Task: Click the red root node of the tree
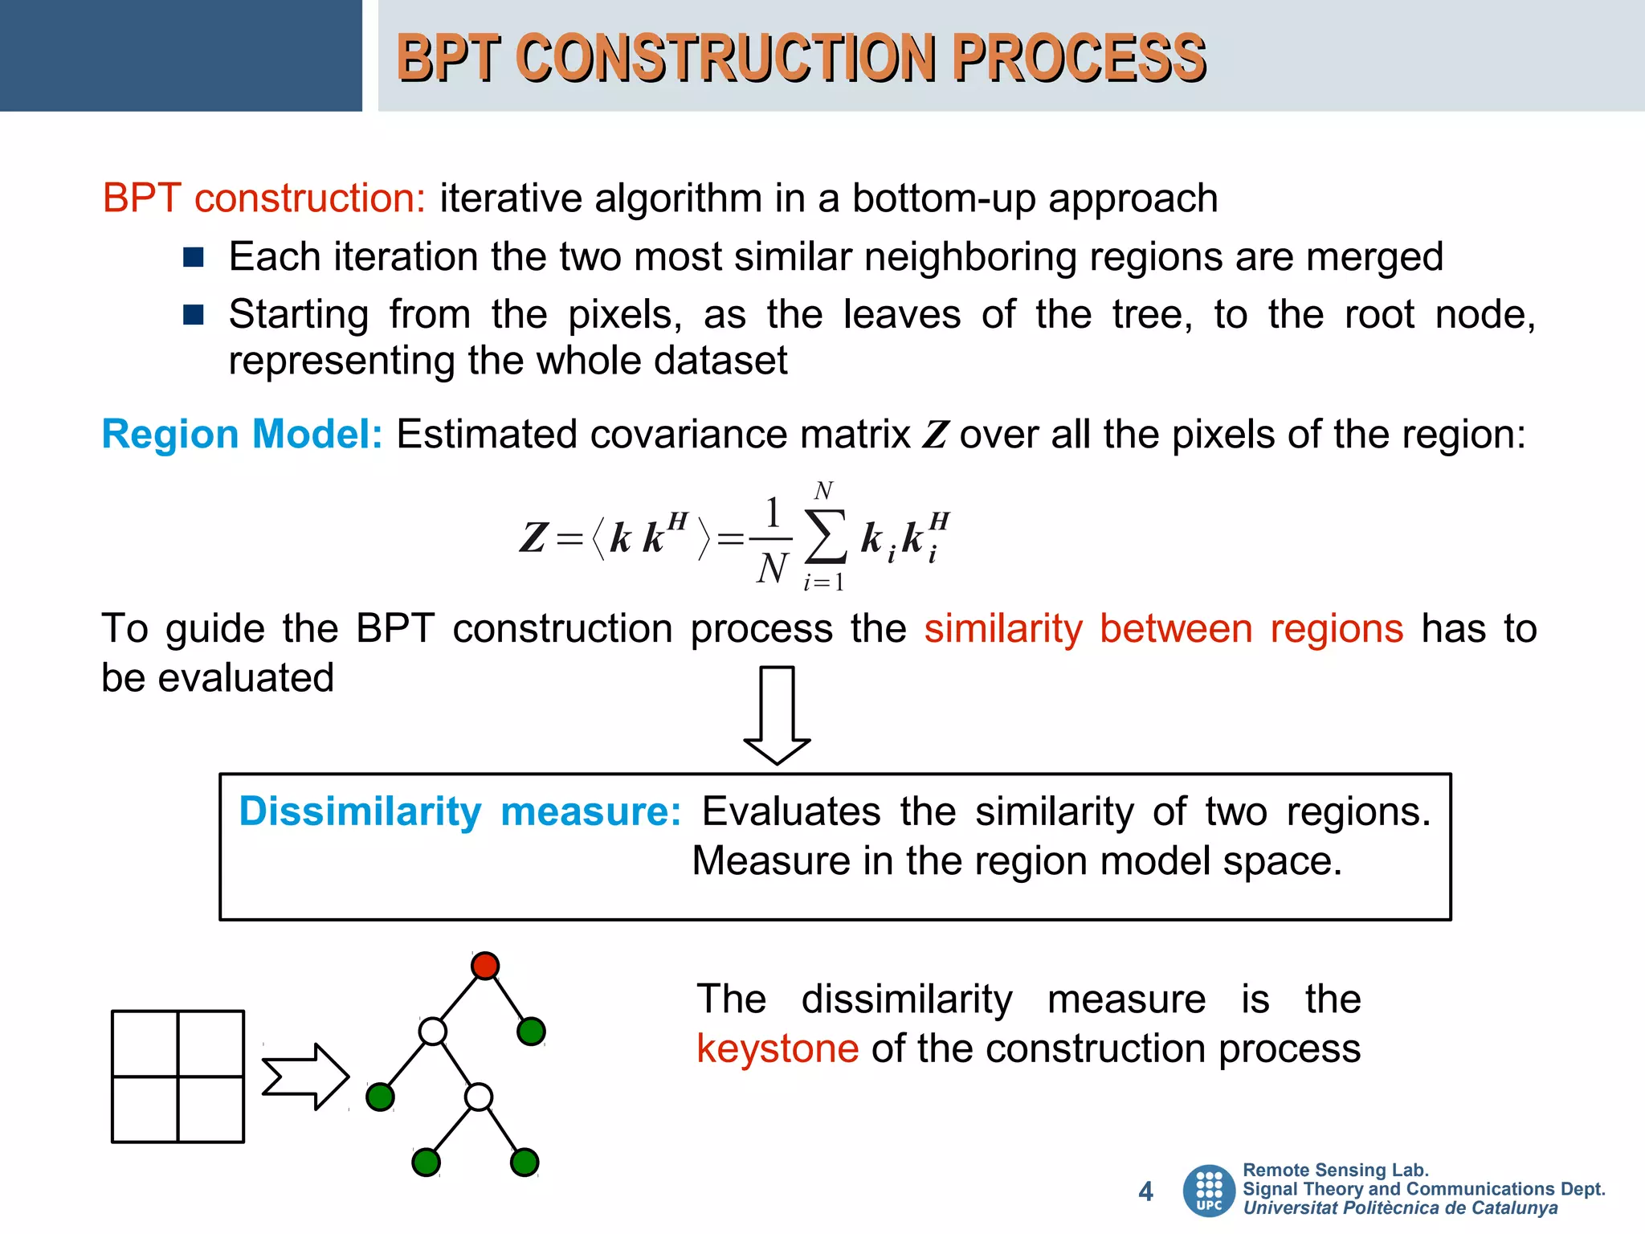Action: point(485,965)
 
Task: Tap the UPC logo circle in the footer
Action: point(1209,1190)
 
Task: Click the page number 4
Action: point(1145,1191)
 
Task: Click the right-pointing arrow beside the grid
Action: point(305,1077)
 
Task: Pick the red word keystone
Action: point(778,1048)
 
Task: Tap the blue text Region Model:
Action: point(242,435)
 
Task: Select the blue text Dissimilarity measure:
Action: point(460,811)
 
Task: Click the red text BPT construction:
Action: point(263,198)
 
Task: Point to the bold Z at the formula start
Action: point(533,538)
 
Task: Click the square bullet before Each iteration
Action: point(194,257)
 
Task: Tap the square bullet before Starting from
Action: point(194,314)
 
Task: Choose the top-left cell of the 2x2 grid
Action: point(145,1043)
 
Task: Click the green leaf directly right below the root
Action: point(531,1031)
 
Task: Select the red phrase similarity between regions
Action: point(1163,628)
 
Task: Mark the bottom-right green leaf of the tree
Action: point(525,1162)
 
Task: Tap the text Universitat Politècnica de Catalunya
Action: point(1400,1208)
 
